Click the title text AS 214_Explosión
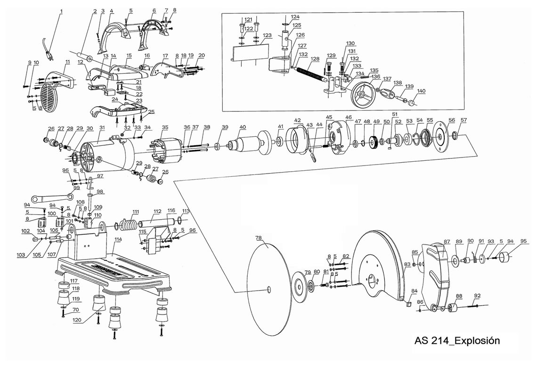pos(457,340)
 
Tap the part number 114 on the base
pos(118,239)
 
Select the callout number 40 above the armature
pos(243,127)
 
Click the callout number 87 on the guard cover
pos(447,242)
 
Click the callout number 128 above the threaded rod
pos(315,59)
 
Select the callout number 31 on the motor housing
pos(102,127)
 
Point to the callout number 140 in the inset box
pos(421,91)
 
